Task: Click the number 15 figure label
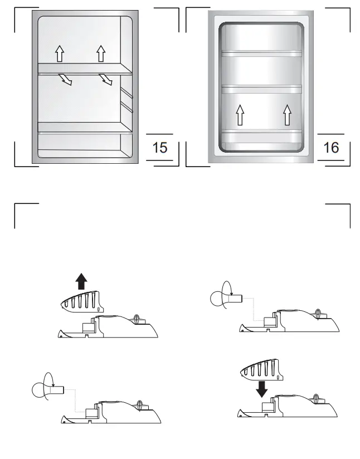tap(160, 148)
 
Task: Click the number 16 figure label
tap(331, 148)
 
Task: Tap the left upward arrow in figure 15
tap(59, 53)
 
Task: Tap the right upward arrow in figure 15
tap(101, 53)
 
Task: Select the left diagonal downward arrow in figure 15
tap(66, 81)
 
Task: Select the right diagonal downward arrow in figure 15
tap(106, 81)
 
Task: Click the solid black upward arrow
tap(82, 281)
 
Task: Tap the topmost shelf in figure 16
tap(262, 53)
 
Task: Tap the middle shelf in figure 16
tap(262, 89)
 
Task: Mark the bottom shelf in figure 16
tap(262, 131)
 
